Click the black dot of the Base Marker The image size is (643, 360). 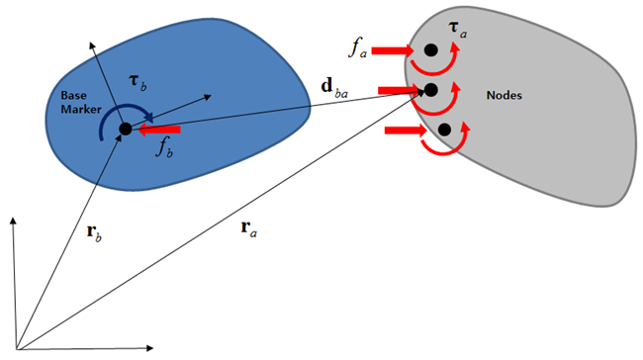(x=126, y=129)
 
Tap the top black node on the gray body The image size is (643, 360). (x=430, y=49)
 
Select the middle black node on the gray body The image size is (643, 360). (x=430, y=90)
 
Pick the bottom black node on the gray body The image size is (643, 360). (x=444, y=130)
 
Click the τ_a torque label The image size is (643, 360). (x=458, y=33)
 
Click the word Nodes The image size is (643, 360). (x=505, y=95)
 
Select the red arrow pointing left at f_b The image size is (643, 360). (x=160, y=129)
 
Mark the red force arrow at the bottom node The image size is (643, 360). (x=405, y=130)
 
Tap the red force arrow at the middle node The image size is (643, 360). (x=398, y=90)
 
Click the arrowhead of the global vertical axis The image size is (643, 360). (x=13, y=220)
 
